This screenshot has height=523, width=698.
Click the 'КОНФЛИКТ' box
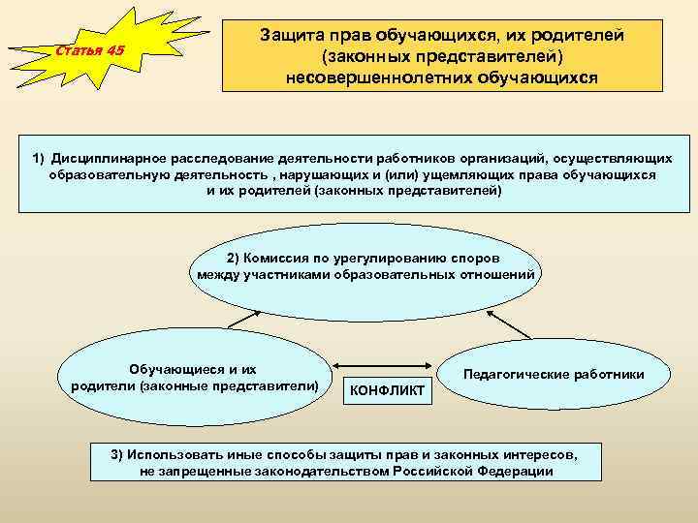(386, 390)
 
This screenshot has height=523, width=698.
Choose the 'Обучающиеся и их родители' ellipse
(194, 378)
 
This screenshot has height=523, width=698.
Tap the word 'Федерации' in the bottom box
(519, 471)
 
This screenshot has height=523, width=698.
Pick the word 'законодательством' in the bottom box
(327, 471)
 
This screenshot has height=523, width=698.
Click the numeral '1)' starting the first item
(39, 158)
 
